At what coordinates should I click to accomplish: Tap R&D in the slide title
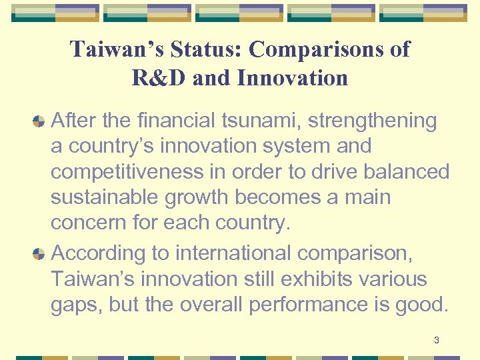[159, 78]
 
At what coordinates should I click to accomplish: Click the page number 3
[436, 341]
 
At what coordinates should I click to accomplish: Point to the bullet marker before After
[39, 121]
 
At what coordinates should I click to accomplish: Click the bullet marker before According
[39, 253]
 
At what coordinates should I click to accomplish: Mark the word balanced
[407, 172]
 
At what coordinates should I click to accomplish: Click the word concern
[90, 223]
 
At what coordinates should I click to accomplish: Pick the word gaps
[75, 305]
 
